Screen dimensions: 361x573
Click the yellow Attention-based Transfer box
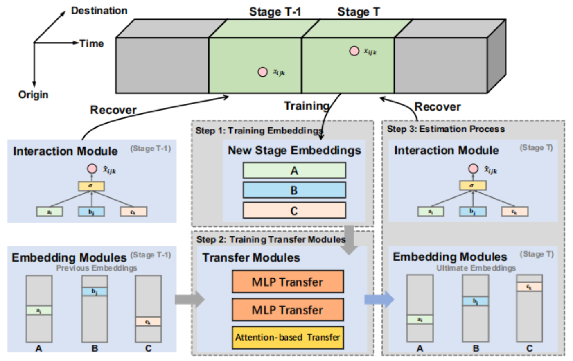coord(288,337)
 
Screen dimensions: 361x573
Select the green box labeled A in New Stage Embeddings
coord(294,170)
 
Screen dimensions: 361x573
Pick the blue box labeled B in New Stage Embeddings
coord(294,190)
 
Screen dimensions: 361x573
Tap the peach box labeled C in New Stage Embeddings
coord(294,210)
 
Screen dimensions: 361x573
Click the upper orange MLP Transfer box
coord(288,282)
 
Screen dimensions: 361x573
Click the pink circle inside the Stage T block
coord(354,51)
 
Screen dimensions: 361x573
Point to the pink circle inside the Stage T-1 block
coord(262,72)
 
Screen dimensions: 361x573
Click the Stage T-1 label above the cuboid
coord(275,12)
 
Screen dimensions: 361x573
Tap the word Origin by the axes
coord(33,95)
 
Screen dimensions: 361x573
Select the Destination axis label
coord(99,11)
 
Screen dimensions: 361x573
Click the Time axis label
coord(91,43)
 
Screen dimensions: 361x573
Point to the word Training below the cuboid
coord(307,106)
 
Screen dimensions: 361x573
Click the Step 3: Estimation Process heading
coord(446,129)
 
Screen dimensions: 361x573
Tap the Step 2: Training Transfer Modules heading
coord(271,239)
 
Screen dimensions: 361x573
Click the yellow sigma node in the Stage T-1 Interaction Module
coord(91,186)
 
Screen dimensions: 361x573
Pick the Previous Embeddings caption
coord(97,268)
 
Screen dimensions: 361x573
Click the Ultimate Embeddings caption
coord(476,268)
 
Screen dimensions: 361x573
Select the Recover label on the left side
coord(113,110)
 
